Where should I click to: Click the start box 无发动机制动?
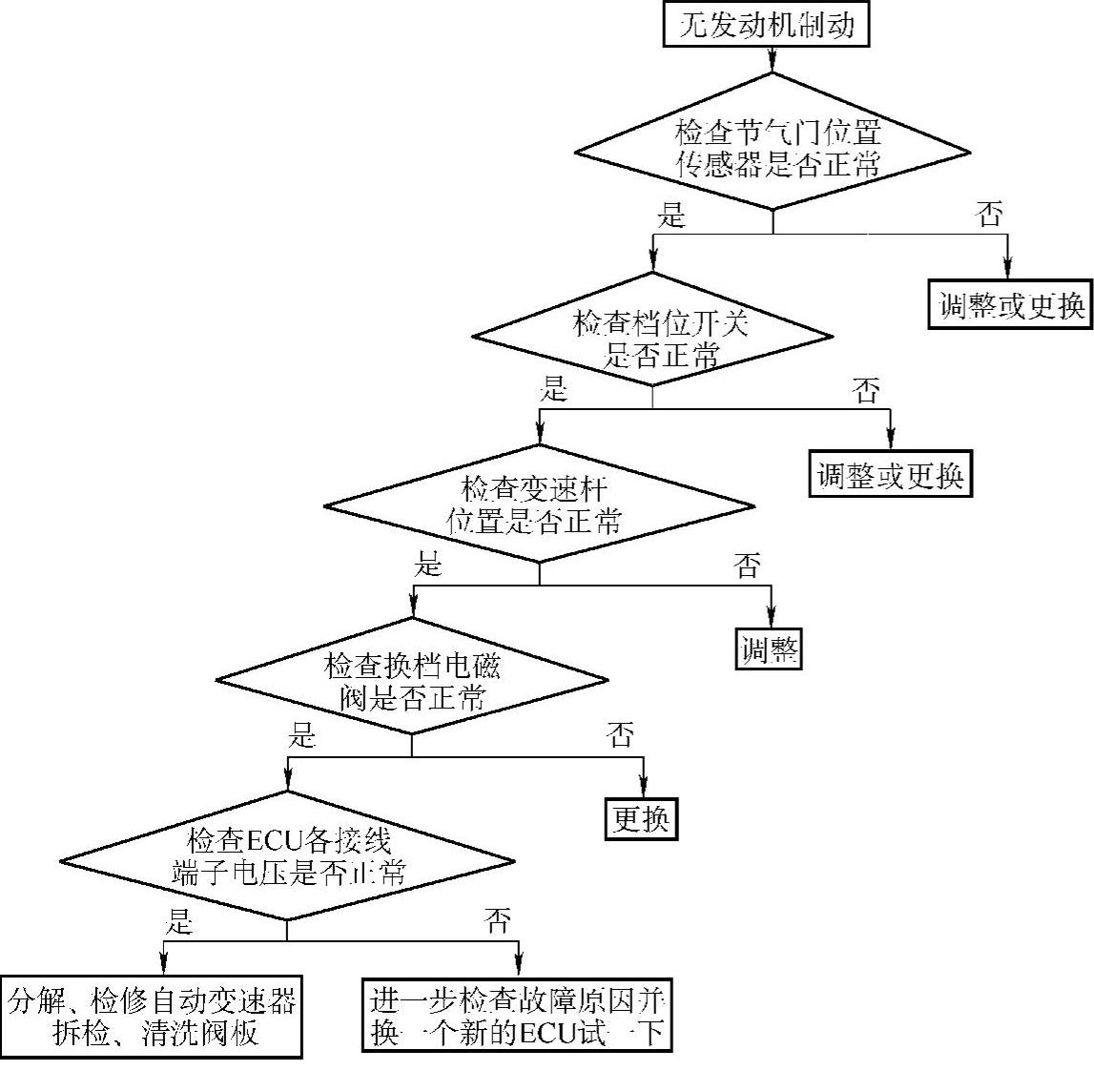pos(766,24)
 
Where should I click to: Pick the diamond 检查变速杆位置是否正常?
pos(539,504)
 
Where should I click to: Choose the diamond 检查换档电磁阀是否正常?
pos(412,680)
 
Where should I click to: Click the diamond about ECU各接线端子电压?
pos(287,856)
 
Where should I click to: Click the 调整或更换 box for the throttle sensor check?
pos(1010,305)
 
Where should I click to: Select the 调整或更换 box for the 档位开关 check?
pos(890,474)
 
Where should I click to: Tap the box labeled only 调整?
pos(769,650)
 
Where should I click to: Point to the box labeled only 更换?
pos(642,818)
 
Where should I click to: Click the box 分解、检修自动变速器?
pos(153,1017)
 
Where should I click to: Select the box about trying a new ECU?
pos(518,1017)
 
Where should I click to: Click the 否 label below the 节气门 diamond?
pos(990,214)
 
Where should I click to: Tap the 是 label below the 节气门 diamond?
pos(671,214)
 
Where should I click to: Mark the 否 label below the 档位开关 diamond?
pos(865,390)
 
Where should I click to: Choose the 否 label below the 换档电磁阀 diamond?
pos(620,734)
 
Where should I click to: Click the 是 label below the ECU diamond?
pos(180,920)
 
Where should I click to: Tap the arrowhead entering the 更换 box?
pos(642,788)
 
